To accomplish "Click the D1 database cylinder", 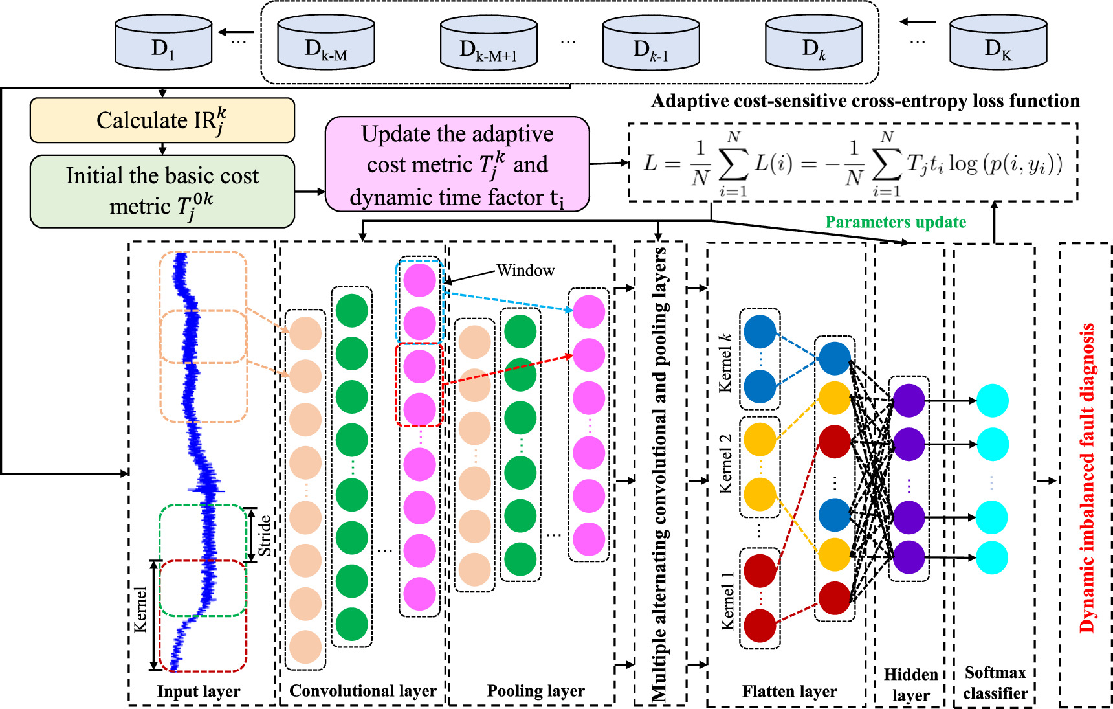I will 163,43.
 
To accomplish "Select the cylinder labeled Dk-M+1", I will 489,43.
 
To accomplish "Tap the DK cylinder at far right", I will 998,43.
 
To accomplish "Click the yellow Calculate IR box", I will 162,120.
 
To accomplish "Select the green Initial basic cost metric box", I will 162,191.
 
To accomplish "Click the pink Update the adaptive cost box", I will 457,164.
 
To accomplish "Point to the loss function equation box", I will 852,163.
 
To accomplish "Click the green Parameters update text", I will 896,222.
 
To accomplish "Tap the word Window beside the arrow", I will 525,271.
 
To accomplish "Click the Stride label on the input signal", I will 265,535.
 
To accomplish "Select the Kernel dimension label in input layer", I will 140,609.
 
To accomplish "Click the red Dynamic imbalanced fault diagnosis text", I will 1087,478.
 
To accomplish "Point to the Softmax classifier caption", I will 995,682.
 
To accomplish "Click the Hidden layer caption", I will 910,684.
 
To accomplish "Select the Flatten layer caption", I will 789,692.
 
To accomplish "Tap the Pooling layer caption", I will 536,691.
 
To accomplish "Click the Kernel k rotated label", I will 725,363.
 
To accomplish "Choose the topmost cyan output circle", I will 992,401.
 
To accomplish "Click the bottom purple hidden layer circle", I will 909,557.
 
